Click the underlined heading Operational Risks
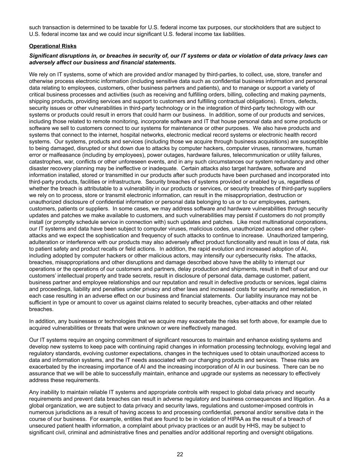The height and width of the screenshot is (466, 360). pyautogui.click(x=53, y=46)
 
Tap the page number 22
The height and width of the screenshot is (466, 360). pyautogui.click(x=180, y=454)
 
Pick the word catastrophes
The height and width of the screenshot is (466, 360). pyautogui.click(x=44, y=161)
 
